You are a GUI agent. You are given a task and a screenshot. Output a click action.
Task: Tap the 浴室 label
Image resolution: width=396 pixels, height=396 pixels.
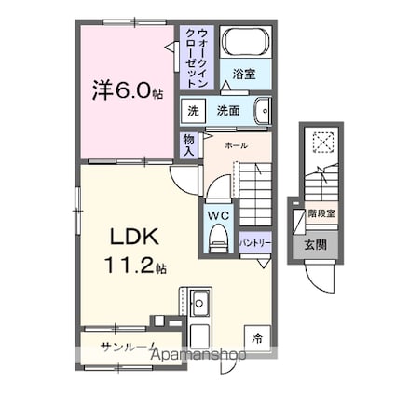245,74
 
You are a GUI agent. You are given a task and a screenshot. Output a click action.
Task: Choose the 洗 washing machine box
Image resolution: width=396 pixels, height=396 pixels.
193,110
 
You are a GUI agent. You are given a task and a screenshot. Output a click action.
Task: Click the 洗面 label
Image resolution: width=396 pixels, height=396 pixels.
228,110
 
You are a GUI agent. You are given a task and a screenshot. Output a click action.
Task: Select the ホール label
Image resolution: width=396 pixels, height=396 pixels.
236,145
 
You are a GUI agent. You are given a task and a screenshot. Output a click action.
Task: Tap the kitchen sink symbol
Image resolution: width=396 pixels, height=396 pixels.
200,303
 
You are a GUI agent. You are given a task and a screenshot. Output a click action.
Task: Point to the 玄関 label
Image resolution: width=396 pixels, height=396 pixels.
316,245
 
